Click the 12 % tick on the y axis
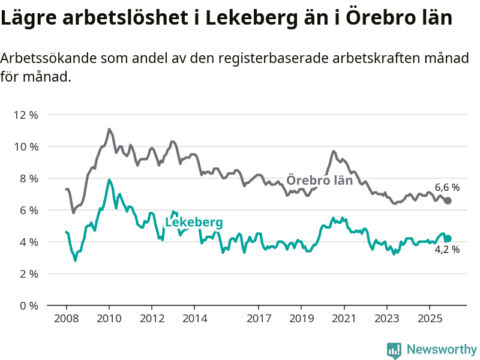[26, 115]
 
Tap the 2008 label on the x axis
[66, 317]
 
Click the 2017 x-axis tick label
[259, 317]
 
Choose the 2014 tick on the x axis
[194, 317]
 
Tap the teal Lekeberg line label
[194, 223]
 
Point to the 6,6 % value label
[447, 188]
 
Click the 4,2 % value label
[447, 250]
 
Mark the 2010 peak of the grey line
[109, 129]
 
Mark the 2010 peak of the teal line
[109, 179]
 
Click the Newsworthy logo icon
[394, 349]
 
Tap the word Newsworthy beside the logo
[441, 349]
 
